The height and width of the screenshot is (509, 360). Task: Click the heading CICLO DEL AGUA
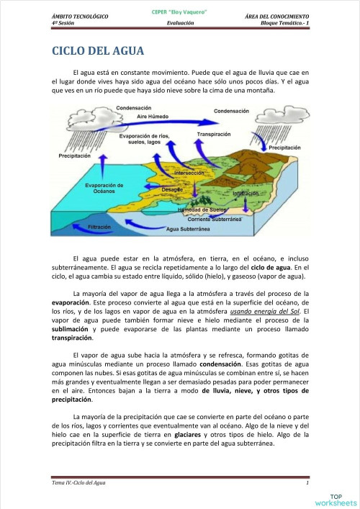(98, 51)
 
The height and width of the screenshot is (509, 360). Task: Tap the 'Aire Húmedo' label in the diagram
(152, 115)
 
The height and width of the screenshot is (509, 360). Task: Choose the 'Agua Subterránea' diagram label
(188, 228)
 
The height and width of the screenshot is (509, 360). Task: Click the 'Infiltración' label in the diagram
(246, 194)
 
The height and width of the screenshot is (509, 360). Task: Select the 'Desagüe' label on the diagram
(172, 189)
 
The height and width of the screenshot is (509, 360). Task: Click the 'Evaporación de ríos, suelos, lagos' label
(144, 139)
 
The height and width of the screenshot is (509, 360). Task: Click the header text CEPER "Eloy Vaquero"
(179, 12)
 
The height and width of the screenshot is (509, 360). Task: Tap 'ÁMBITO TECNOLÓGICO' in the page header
(80, 15)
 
